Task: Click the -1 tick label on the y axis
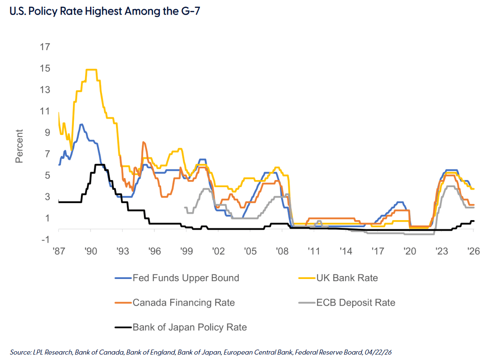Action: (x=45, y=239)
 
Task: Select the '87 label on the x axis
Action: (x=59, y=251)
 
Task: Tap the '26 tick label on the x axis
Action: (x=474, y=251)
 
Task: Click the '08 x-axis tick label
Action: (x=282, y=251)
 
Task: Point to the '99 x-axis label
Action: (x=186, y=251)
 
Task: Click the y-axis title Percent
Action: (x=19, y=146)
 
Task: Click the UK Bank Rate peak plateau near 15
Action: (x=91, y=70)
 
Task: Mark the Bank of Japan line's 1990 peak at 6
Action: (x=100, y=165)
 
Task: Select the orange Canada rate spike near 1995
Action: (x=143, y=142)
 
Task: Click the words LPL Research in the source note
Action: (x=46, y=353)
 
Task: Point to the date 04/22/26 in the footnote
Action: (x=377, y=353)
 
